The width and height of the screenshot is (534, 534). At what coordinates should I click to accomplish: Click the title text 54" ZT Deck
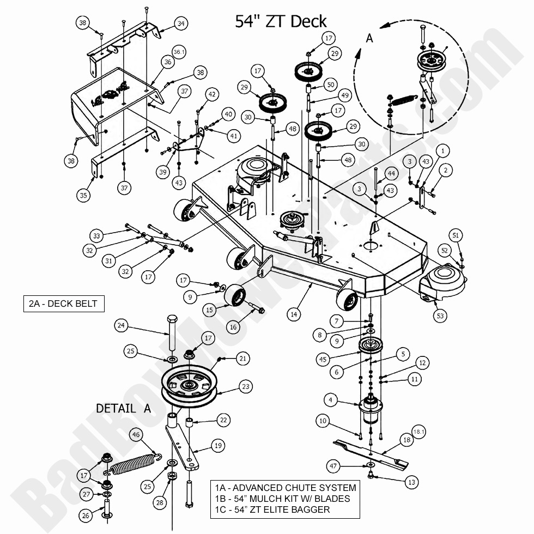(x=281, y=21)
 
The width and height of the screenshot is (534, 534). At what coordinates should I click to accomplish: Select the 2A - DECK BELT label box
(x=64, y=304)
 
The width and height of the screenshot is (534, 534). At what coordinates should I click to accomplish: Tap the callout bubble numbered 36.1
(x=179, y=51)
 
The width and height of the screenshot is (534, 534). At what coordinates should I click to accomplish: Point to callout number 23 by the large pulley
(x=246, y=387)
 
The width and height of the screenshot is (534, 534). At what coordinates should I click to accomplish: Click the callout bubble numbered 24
(x=122, y=326)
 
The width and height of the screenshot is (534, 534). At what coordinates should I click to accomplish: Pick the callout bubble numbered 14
(x=294, y=314)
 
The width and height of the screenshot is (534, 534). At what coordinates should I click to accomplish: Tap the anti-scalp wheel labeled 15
(x=235, y=299)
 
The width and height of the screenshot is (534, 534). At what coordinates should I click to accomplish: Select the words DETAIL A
(x=124, y=408)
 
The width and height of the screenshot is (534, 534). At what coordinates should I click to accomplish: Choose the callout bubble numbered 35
(x=83, y=196)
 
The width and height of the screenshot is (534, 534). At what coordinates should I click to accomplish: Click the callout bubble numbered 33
(x=97, y=236)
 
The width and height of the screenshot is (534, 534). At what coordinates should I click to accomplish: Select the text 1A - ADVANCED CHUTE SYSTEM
(x=285, y=488)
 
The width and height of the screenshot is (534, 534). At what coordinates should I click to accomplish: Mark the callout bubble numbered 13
(x=411, y=482)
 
